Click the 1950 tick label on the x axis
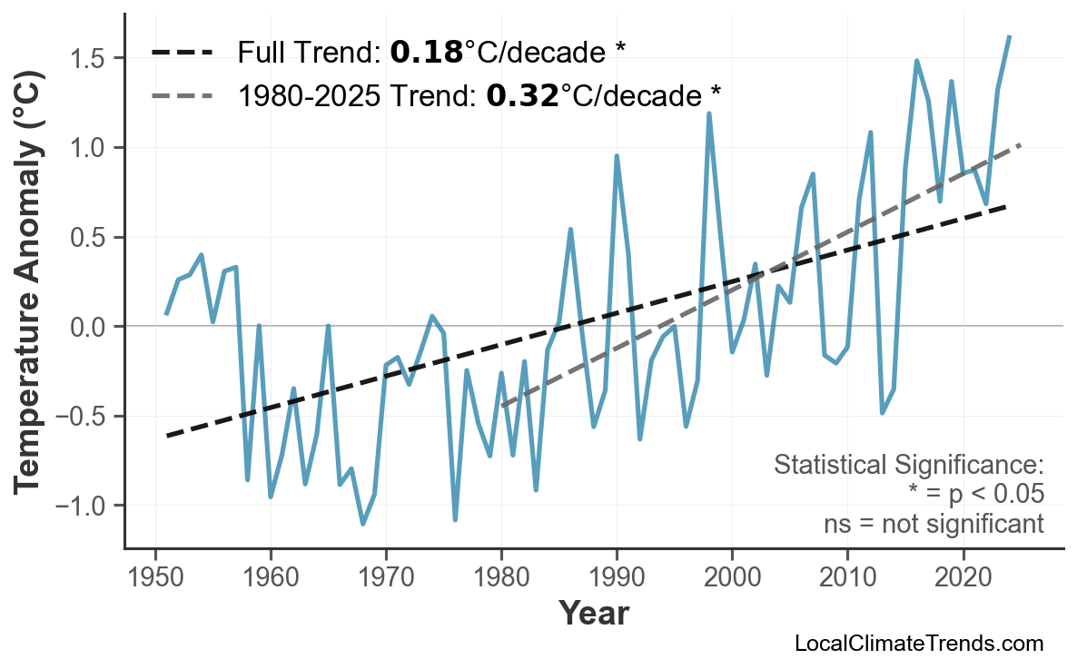click(155, 578)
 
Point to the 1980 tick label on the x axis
click(501, 578)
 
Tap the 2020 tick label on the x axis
click(963, 578)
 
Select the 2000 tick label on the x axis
click(732, 578)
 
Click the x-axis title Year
click(593, 615)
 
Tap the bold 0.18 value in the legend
click(426, 53)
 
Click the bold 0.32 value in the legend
click(522, 94)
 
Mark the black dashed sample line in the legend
click(183, 54)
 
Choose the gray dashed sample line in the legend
click(183, 95)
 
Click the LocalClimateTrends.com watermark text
click(918, 644)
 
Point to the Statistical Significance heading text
click(908, 466)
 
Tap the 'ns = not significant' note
click(934, 524)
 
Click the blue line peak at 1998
click(709, 113)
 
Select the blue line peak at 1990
click(617, 156)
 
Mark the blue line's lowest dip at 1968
click(363, 524)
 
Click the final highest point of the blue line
click(1010, 36)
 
